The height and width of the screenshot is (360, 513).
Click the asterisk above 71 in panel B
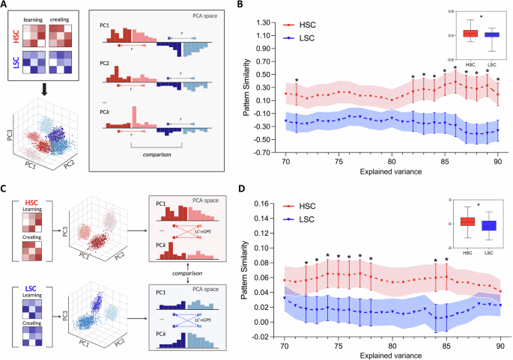[297, 81]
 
